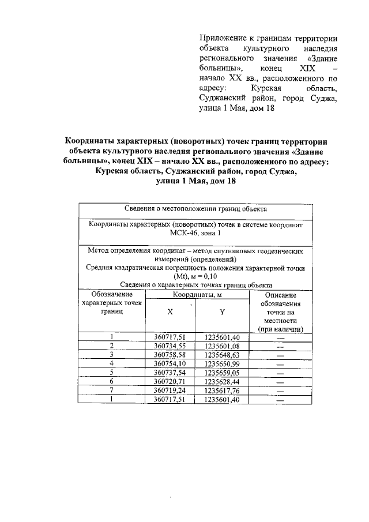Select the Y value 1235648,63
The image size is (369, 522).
(222, 354)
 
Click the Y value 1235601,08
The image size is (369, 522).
(222, 346)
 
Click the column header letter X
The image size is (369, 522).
(170, 312)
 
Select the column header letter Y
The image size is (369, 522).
(222, 312)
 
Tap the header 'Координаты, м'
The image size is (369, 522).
(196, 295)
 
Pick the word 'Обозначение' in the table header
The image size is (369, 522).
(112, 294)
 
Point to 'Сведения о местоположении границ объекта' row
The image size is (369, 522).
(195, 209)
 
